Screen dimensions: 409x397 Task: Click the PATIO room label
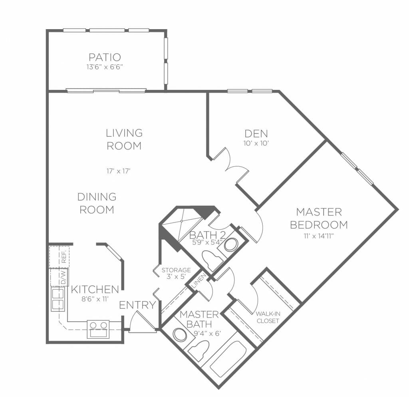(105, 57)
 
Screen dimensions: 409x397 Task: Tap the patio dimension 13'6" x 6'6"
(105, 67)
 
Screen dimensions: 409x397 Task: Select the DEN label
(256, 133)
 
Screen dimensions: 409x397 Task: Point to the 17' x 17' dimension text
(118, 171)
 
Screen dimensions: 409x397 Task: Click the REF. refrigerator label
(64, 257)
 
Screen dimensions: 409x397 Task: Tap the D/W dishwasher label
(64, 278)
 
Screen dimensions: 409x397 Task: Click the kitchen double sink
(58, 299)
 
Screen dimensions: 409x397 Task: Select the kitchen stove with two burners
(98, 329)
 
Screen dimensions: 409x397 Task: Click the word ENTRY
(137, 305)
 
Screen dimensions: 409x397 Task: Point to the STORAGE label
(176, 270)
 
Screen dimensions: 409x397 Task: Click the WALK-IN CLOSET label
(268, 317)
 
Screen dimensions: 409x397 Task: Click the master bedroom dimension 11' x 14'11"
(319, 236)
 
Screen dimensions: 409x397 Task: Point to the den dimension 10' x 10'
(256, 143)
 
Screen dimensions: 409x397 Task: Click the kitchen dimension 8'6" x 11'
(95, 299)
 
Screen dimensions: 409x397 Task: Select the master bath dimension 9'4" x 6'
(207, 333)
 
